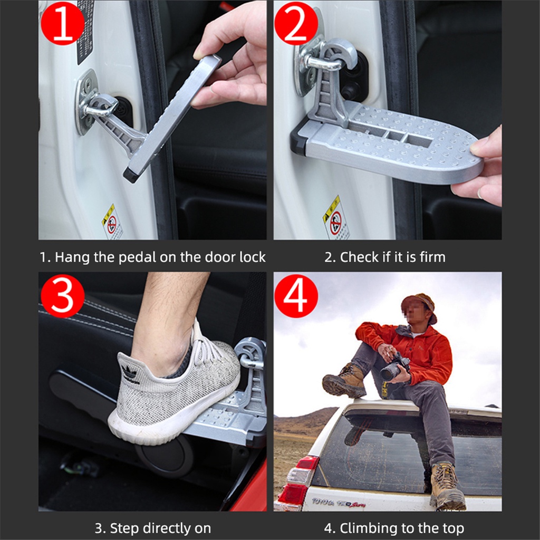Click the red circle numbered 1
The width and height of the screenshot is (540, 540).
click(x=62, y=23)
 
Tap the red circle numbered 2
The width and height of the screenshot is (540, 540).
click(x=296, y=23)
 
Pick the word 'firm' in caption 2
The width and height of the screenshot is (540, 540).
click(x=432, y=257)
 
